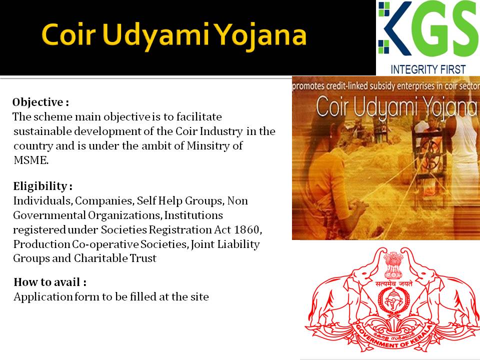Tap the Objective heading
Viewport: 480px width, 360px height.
(x=40, y=102)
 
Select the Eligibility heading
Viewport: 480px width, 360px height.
(x=42, y=186)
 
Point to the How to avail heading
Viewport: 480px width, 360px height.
(x=50, y=282)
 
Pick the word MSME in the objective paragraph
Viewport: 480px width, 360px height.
(x=31, y=160)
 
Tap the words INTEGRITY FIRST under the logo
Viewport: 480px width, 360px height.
(x=428, y=69)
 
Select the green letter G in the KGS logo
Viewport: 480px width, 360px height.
(x=430, y=29)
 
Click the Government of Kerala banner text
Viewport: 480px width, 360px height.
(x=394, y=338)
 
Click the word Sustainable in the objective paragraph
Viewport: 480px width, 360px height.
(x=42, y=131)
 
